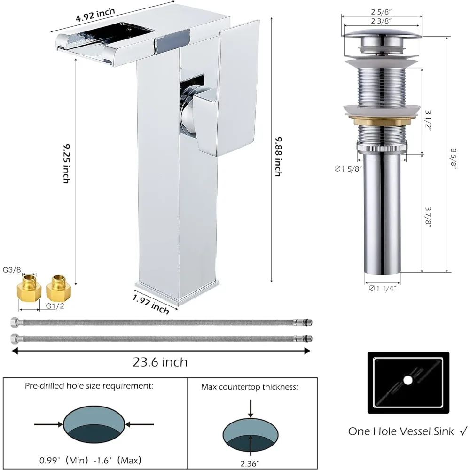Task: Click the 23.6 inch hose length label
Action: click(x=160, y=362)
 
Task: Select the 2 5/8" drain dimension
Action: click(x=381, y=12)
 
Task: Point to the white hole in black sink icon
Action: click(x=407, y=379)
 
